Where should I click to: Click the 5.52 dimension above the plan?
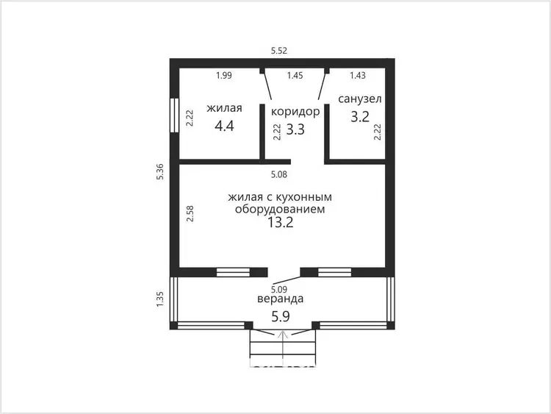point(279,51)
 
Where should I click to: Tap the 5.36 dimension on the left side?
point(160,171)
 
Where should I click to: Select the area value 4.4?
point(224,126)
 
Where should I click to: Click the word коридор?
point(295,112)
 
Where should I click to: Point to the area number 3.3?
point(295,129)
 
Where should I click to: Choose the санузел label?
point(360,99)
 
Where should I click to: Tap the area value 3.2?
point(360,116)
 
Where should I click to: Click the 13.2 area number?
point(281,222)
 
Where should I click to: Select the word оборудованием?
point(280,210)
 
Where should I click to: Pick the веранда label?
point(281,299)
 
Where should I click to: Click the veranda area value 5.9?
point(281,317)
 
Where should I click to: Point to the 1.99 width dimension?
point(224,75)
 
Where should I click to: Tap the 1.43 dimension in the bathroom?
point(358,75)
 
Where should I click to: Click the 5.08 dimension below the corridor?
point(279,174)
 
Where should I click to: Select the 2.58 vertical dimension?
point(190,213)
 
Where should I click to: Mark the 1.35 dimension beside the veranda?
point(160,299)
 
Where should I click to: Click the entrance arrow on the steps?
point(283,348)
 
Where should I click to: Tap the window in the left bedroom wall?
point(174,115)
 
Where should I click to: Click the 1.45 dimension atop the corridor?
point(295,75)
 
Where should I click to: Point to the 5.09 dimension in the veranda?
point(279,290)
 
